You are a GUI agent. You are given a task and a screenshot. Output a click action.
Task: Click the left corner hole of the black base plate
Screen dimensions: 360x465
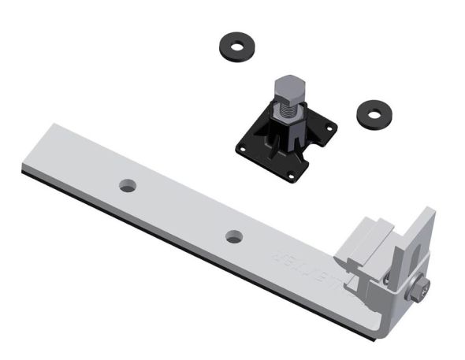[x=242, y=145]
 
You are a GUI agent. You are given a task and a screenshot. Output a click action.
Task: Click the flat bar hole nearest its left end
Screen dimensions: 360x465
[x=127, y=186]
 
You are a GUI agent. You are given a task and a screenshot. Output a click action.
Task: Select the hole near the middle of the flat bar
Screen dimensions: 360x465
[x=233, y=236]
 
